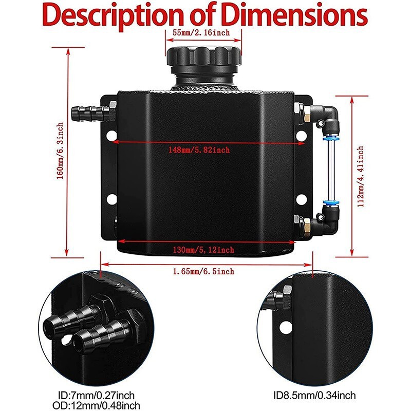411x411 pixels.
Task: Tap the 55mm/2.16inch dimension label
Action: [201, 33]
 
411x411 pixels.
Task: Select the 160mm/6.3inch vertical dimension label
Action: [60, 151]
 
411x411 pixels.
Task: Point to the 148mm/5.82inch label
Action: [199, 150]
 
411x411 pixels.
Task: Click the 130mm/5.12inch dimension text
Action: [203, 250]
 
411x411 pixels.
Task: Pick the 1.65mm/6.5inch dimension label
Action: [203, 271]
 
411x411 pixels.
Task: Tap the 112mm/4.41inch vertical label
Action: [361, 176]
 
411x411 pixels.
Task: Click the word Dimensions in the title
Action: [294, 15]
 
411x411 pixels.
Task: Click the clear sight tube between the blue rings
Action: [331, 171]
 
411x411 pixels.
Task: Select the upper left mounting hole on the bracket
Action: [111, 136]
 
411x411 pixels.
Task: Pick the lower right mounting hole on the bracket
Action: [301, 200]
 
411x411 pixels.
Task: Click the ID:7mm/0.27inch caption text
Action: [96, 396]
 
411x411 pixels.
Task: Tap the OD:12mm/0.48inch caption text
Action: [96, 405]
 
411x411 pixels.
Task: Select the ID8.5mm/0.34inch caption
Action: [314, 396]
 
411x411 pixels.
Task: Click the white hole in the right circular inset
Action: [286, 328]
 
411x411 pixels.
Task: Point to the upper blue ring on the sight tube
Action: [331, 138]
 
